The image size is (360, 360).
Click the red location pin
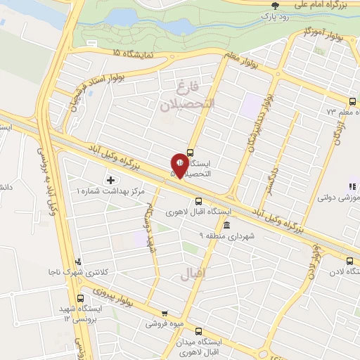pyautogui.click(x=179, y=165)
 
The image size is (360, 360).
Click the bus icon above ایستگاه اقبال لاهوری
pyautogui.click(x=199, y=199)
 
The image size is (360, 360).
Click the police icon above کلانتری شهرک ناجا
pyautogui.click(x=79, y=261)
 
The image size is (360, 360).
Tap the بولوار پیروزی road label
pyautogui.click(x=105, y=290)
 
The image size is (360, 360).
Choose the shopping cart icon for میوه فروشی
pyautogui.click(x=165, y=314)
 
